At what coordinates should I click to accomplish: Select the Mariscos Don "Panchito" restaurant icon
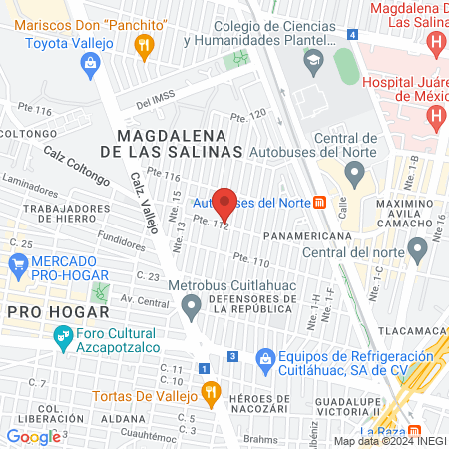point(146,43)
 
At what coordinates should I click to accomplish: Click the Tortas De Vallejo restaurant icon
point(209,393)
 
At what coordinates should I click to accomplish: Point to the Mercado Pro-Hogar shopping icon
point(17,265)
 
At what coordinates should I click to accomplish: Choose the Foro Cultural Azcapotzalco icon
point(63,339)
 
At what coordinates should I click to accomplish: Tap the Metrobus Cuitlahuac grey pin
point(191,313)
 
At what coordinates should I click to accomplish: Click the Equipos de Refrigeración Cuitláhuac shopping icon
point(265,357)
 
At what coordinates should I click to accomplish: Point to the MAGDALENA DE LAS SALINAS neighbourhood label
point(180,142)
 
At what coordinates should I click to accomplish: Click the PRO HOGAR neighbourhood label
point(43,312)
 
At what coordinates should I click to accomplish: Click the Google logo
point(33,436)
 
